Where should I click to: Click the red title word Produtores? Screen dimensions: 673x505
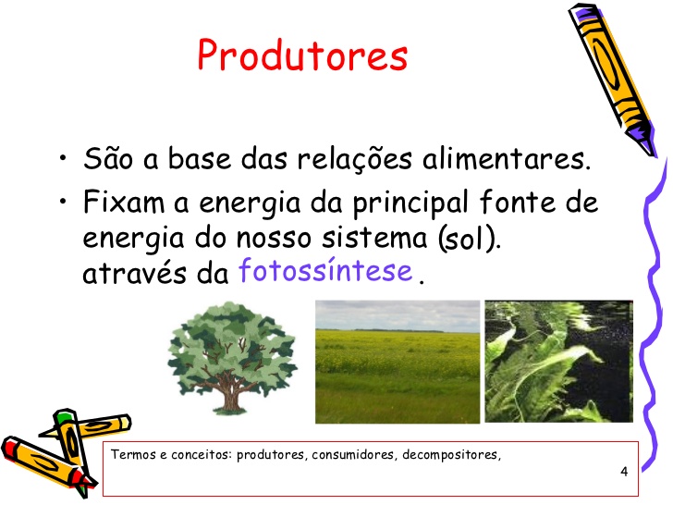(x=302, y=55)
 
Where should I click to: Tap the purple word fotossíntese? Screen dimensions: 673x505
(x=325, y=270)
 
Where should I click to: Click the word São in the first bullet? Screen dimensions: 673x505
(x=108, y=158)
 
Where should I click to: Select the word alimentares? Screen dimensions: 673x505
(x=507, y=158)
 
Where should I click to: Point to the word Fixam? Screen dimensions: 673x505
(x=124, y=202)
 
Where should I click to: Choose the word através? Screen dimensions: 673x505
(x=134, y=272)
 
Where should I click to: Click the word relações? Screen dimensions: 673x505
(x=355, y=159)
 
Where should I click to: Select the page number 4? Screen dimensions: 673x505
(x=624, y=472)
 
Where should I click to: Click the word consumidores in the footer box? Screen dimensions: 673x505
(x=352, y=455)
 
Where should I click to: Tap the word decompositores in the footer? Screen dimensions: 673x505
(x=451, y=455)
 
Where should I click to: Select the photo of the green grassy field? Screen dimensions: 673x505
(x=398, y=362)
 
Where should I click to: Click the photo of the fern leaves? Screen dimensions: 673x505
(x=558, y=361)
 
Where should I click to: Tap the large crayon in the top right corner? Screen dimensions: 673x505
(x=612, y=80)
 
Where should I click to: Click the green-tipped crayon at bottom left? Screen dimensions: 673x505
(x=72, y=447)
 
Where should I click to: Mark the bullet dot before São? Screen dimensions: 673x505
(x=63, y=157)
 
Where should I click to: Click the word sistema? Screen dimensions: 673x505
(x=374, y=238)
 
